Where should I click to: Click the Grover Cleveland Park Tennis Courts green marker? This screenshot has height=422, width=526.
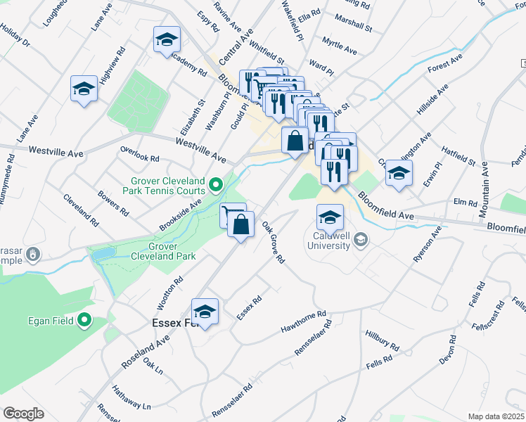pyautogui.click(x=216, y=186)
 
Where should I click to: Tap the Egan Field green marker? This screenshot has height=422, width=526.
pyautogui.click(x=85, y=321)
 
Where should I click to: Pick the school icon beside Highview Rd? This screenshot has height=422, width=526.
pyautogui.click(x=84, y=89)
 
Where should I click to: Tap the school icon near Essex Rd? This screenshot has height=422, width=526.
pyautogui.click(x=205, y=312)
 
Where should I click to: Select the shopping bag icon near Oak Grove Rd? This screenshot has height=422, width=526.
pyautogui.click(x=240, y=225)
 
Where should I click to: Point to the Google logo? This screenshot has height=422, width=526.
pyautogui.click(x=23, y=414)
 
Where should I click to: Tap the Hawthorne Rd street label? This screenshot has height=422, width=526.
pyautogui.click(x=303, y=322)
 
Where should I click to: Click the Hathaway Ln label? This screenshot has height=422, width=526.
pyautogui.click(x=131, y=406)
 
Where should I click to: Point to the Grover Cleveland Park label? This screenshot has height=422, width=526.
pyautogui.click(x=162, y=252)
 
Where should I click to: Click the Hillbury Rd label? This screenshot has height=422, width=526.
pyautogui.click(x=382, y=341)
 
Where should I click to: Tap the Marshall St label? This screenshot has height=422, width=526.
pyautogui.click(x=354, y=22)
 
